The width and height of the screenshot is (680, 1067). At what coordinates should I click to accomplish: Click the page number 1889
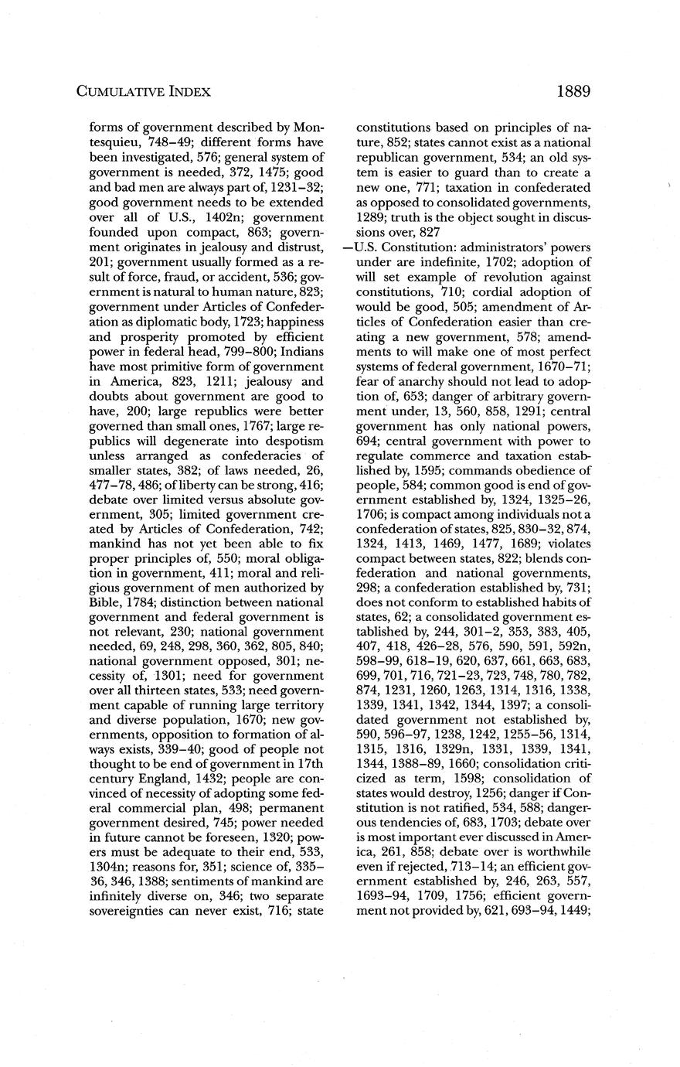click(573, 91)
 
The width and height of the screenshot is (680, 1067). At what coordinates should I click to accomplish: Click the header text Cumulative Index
click(144, 92)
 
